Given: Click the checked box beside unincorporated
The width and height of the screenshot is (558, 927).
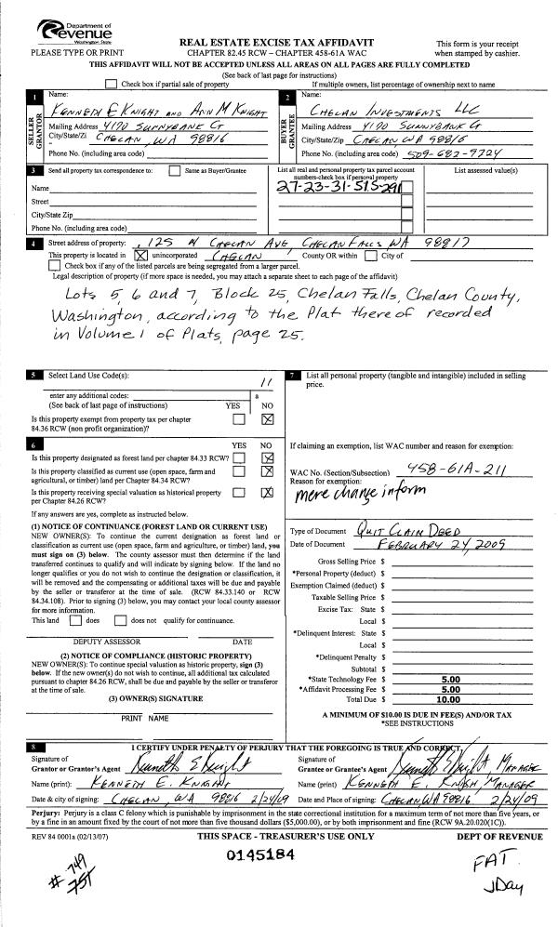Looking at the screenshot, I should (x=141, y=254).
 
